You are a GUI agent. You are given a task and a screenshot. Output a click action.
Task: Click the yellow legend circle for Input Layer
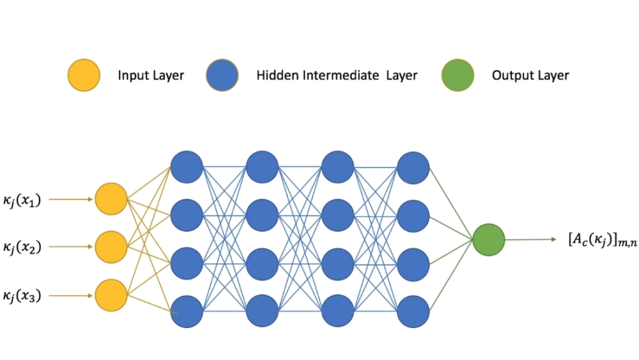[84, 75]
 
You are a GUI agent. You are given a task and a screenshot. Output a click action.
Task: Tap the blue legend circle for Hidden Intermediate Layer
[222, 75]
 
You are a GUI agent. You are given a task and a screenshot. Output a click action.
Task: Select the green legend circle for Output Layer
[458, 75]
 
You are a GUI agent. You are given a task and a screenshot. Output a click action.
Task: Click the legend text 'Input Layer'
[151, 75]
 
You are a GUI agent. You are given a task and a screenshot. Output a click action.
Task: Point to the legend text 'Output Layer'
[530, 75]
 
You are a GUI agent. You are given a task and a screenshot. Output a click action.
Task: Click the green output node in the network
[489, 240]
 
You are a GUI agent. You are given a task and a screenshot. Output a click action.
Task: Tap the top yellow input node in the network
[111, 199]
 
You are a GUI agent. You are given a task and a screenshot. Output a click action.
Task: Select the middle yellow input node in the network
[111, 247]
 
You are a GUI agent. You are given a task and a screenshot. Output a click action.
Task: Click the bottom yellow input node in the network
[111, 295]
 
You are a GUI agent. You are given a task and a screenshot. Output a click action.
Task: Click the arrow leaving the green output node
[530, 240]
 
